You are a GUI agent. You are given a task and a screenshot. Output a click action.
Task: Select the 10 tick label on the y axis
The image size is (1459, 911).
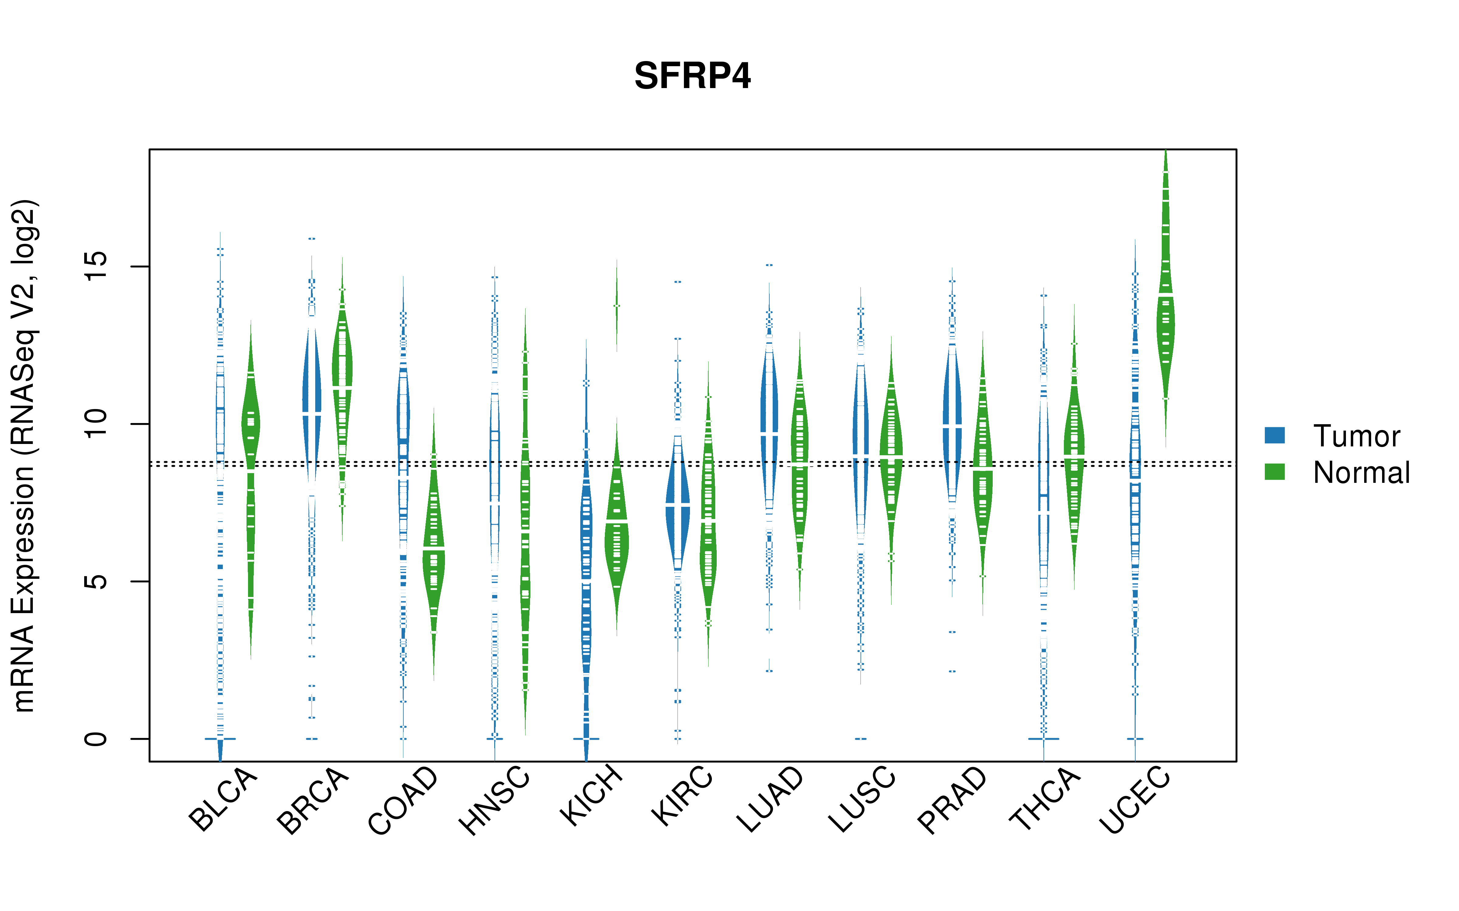tap(95, 424)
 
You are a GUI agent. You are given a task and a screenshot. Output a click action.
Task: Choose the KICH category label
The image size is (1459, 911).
tap(591, 795)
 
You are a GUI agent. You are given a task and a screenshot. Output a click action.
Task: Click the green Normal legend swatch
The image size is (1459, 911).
tap(1274, 472)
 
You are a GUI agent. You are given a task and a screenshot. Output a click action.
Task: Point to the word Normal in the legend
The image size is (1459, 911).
tap(1361, 473)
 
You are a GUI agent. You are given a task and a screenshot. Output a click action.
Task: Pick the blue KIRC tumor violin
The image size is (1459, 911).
tap(678, 503)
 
